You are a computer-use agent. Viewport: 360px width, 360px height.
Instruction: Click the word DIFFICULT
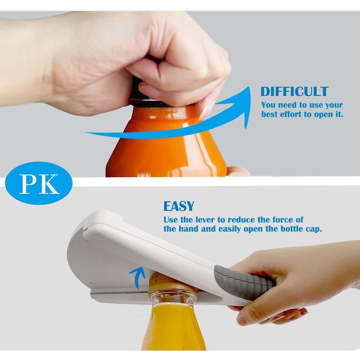tap(294, 91)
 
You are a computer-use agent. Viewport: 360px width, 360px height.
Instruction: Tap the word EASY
tap(179, 206)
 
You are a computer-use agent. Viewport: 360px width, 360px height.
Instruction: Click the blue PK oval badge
tap(39, 183)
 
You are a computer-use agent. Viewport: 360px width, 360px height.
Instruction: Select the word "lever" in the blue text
tap(206, 220)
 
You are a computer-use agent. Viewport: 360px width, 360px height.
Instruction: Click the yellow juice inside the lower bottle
tap(173, 328)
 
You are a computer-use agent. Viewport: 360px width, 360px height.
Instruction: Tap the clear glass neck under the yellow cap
tap(173, 298)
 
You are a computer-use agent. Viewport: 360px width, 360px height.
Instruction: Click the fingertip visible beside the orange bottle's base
tap(238, 171)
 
